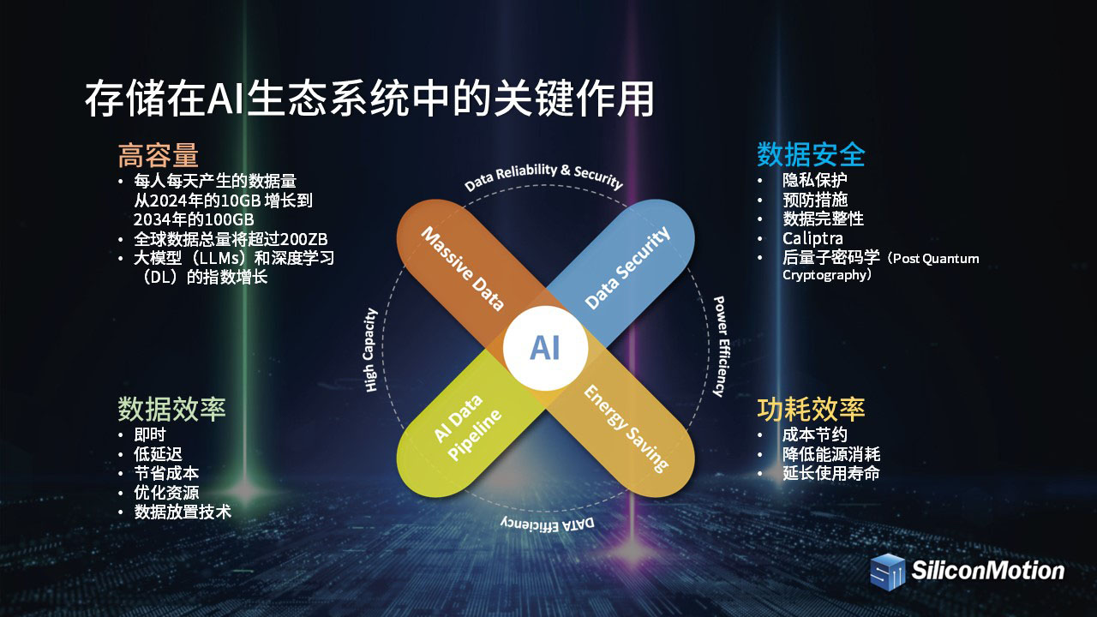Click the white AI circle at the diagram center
click(545, 348)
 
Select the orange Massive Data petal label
click(463, 269)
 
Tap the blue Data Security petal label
click(627, 267)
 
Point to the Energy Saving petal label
click(626, 428)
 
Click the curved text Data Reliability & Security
click(543, 177)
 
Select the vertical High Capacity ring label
click(371, 350)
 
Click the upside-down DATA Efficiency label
click(548, 524)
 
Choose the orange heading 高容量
click(159, 155)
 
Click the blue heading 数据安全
click(811, 154)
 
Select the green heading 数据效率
click(171, 409)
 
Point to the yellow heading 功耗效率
click(811, 409)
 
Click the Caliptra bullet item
click(813, 238)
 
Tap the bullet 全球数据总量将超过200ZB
click(231, 239)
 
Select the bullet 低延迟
click(158, 454)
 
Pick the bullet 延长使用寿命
click(831, 473)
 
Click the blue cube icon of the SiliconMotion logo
click(888, 572)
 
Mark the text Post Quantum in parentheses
click(936, 259)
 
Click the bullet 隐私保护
click(814, 180)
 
